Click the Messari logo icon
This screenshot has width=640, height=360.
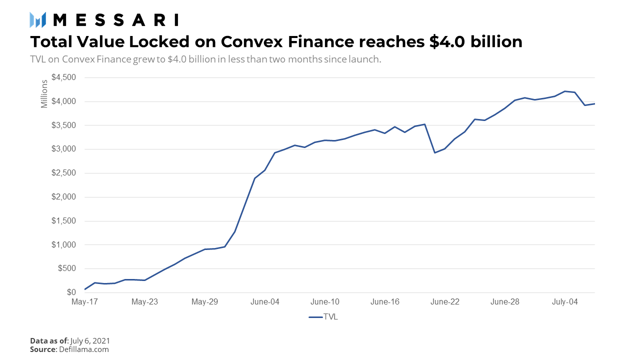pos(38,20)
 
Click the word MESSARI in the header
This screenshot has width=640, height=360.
pos(115,20)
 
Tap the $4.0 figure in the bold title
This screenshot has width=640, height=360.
pos(448,41)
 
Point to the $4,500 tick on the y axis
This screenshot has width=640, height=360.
pos(64,77)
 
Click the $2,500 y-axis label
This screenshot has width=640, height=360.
pos(64,173)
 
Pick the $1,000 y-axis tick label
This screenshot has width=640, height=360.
pos(64,245)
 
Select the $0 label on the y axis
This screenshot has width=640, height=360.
pos(71,292)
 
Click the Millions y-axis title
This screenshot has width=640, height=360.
pos(44,93)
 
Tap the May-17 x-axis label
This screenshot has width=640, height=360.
pos(85,302)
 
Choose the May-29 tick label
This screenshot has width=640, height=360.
pos(205,302)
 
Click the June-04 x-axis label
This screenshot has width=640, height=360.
pos(265,302)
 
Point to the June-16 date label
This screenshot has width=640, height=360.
pos(385,302)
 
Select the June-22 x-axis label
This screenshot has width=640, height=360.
pos(445,302)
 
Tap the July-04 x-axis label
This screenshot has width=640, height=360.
pos(565,302)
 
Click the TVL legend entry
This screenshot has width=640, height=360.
pos(323,317)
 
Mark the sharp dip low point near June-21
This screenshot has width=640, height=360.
pos(434,152)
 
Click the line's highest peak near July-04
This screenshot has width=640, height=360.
pos(565,91)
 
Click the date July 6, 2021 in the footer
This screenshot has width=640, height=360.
pos(90,341)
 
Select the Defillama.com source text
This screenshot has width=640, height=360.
pos(84,349)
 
